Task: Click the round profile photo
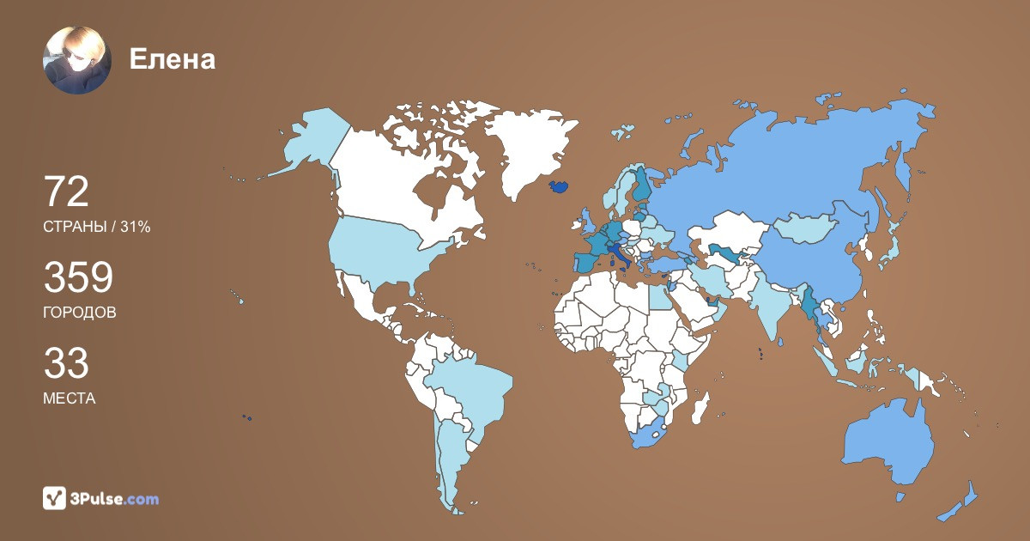click(x=77, y=60)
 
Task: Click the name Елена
click(x=172, y=59)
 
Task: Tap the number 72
click(x=66, y=191)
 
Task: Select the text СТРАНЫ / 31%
click(x=97, y=227)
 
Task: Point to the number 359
click(x=78, y=277)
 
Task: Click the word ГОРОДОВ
click(x=80, y=313)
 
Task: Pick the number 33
click(x=66, y=363)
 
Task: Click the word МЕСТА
click(x=70, y=398)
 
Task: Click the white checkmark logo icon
click(x=55, y=499)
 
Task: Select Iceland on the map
click(x=557, y=185)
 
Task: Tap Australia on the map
click(x=888, y=447)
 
